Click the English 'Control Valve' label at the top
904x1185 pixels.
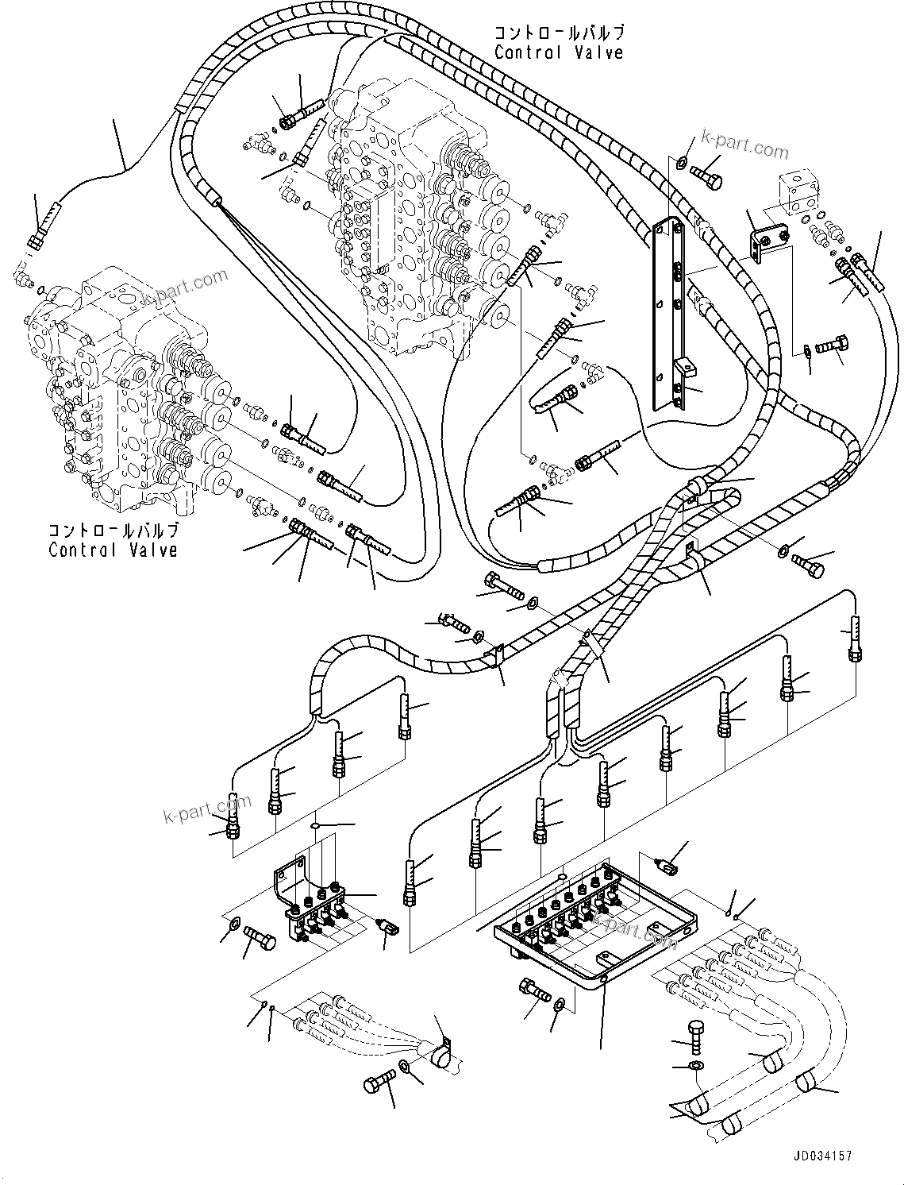558,52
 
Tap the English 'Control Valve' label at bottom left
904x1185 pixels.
113,550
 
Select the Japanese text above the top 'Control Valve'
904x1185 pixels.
558,33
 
